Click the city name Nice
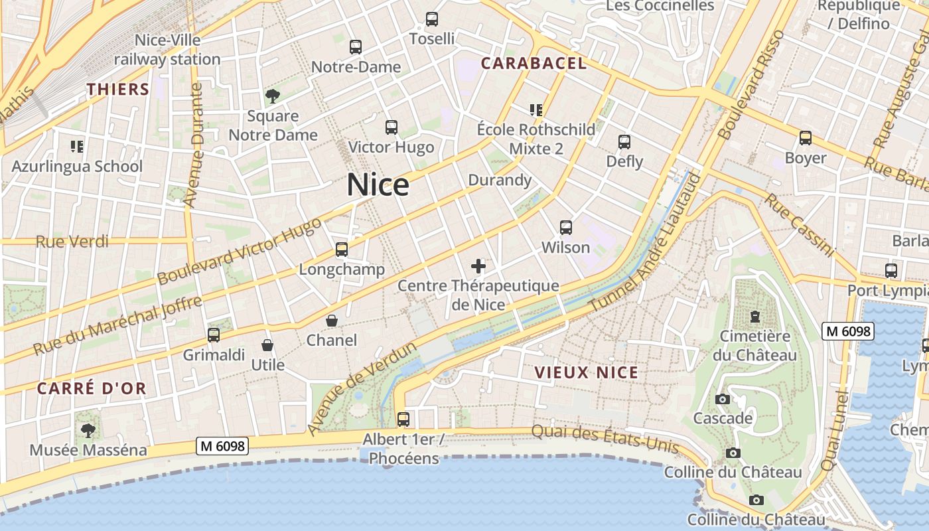tap(378, 184)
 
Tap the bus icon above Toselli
tap(432, 19)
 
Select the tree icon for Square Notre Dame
tap(272, 96)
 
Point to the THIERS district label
tap(118, 89)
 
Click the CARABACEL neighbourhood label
tap(534, 64)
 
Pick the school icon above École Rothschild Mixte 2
tap(536, 110)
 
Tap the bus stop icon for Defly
tap(624, 142)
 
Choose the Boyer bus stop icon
tap(806, 138)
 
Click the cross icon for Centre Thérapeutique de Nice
tap(478, 267)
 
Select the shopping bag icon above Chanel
tap(332, 321)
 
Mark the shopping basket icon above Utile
tap(267, 345)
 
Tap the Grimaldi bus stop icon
tap(214, 335)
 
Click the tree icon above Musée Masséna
tap(88, 431)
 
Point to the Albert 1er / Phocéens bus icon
tap(403, 419)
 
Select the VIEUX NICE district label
tap(587, 372)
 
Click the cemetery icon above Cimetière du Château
tap(754, 317)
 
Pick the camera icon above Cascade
tap(723, 399)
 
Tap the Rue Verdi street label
tap(72, 241)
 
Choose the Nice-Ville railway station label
tap(167, 50)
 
